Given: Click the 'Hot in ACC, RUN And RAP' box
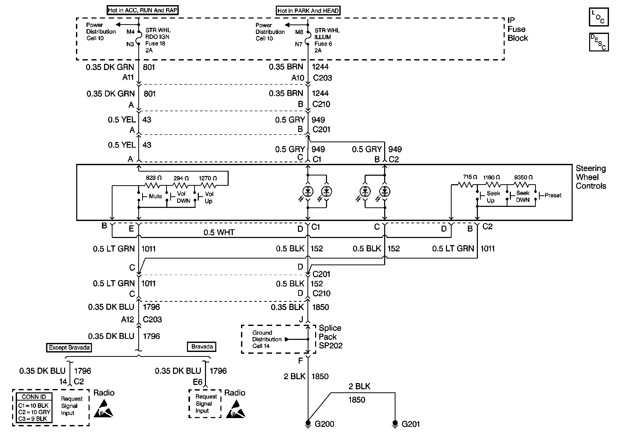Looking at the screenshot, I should pos(142,10).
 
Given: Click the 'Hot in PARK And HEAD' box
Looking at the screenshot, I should pos(308,11).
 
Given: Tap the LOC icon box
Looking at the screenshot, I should pos(598,17).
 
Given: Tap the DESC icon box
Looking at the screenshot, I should pos(598,42).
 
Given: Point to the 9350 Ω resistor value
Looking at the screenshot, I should pos(523,178).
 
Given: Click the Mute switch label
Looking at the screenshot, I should pos(155,196).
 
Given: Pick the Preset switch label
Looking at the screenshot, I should pos(553,196).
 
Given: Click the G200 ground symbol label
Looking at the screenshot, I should pos(324,424).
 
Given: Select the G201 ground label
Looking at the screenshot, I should pos(410,424).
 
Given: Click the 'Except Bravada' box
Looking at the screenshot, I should pos(69,348).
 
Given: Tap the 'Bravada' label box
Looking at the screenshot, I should pos(202,347).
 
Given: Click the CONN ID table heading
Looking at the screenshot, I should pos(34,397).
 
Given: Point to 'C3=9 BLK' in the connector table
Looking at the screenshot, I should pos(33,419).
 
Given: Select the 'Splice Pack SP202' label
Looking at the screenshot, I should pos(330,337).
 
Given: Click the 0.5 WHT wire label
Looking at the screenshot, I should pos(219,232).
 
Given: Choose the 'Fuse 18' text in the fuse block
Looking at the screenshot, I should pos(155,43).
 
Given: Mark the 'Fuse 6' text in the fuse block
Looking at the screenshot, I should pos(323,44).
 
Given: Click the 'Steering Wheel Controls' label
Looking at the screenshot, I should pos(590,177).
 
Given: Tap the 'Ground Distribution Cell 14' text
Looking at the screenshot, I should pos(266,339).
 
